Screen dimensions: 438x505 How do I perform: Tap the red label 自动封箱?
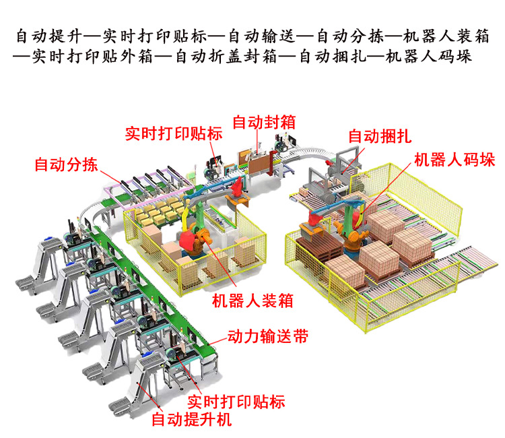tap(263, 122)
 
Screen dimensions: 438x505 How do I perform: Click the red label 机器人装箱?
tap(252, 300)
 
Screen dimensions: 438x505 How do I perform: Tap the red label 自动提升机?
tap(192, 420)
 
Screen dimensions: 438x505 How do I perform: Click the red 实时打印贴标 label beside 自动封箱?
tap(174, 132)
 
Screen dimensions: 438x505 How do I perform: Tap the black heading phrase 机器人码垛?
tap(429, 56)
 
